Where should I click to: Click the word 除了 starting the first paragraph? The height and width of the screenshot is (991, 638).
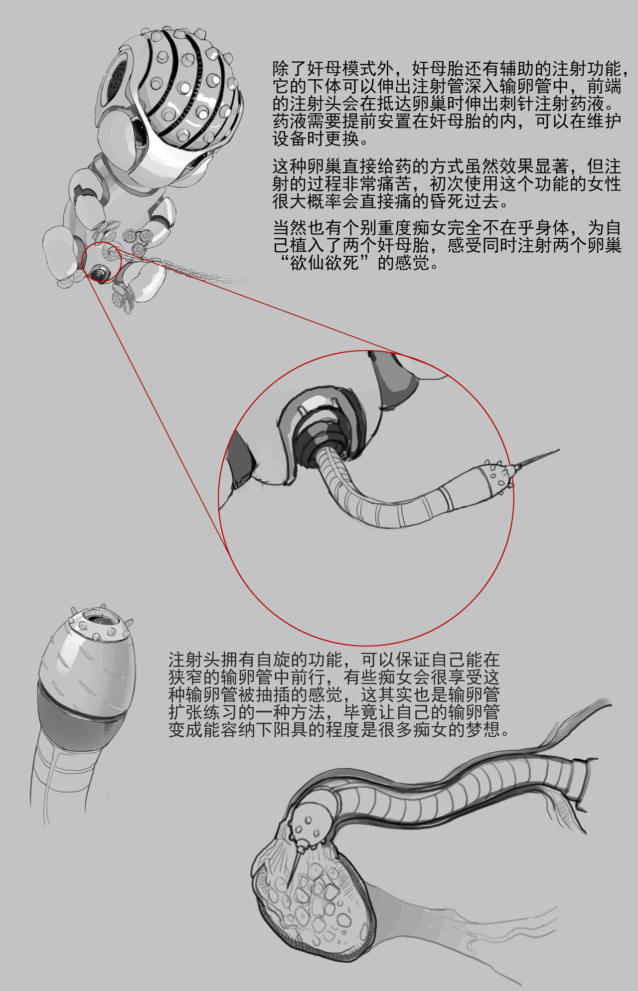pyautogui.click(x=290, y=69)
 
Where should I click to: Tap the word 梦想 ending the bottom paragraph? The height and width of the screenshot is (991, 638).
pyautogui.click(x=482, y=730)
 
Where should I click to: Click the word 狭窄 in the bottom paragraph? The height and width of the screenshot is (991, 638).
pyautogui.click(x=186, y=677)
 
